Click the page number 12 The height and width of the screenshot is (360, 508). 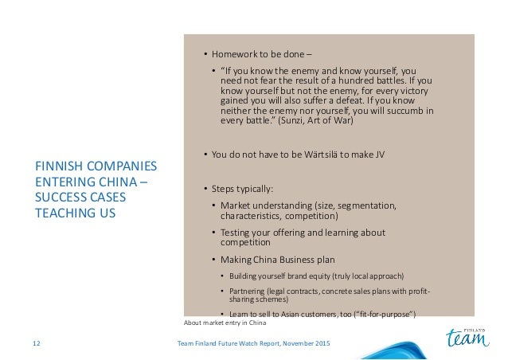tap(36, 342)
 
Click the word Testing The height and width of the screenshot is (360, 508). tap(236, 233)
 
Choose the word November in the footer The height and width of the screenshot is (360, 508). tap(289, 342)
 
